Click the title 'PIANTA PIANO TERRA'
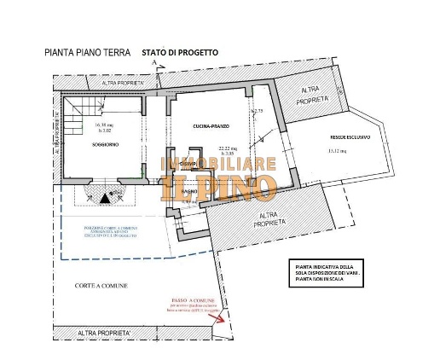click(x=86, y=52)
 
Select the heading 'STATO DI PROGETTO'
click(x=179, y=52)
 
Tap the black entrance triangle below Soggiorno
click(x=105, y=198)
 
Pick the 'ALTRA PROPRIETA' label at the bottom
click(x=104, y=332)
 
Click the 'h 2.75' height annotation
click(x=257, y=112)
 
